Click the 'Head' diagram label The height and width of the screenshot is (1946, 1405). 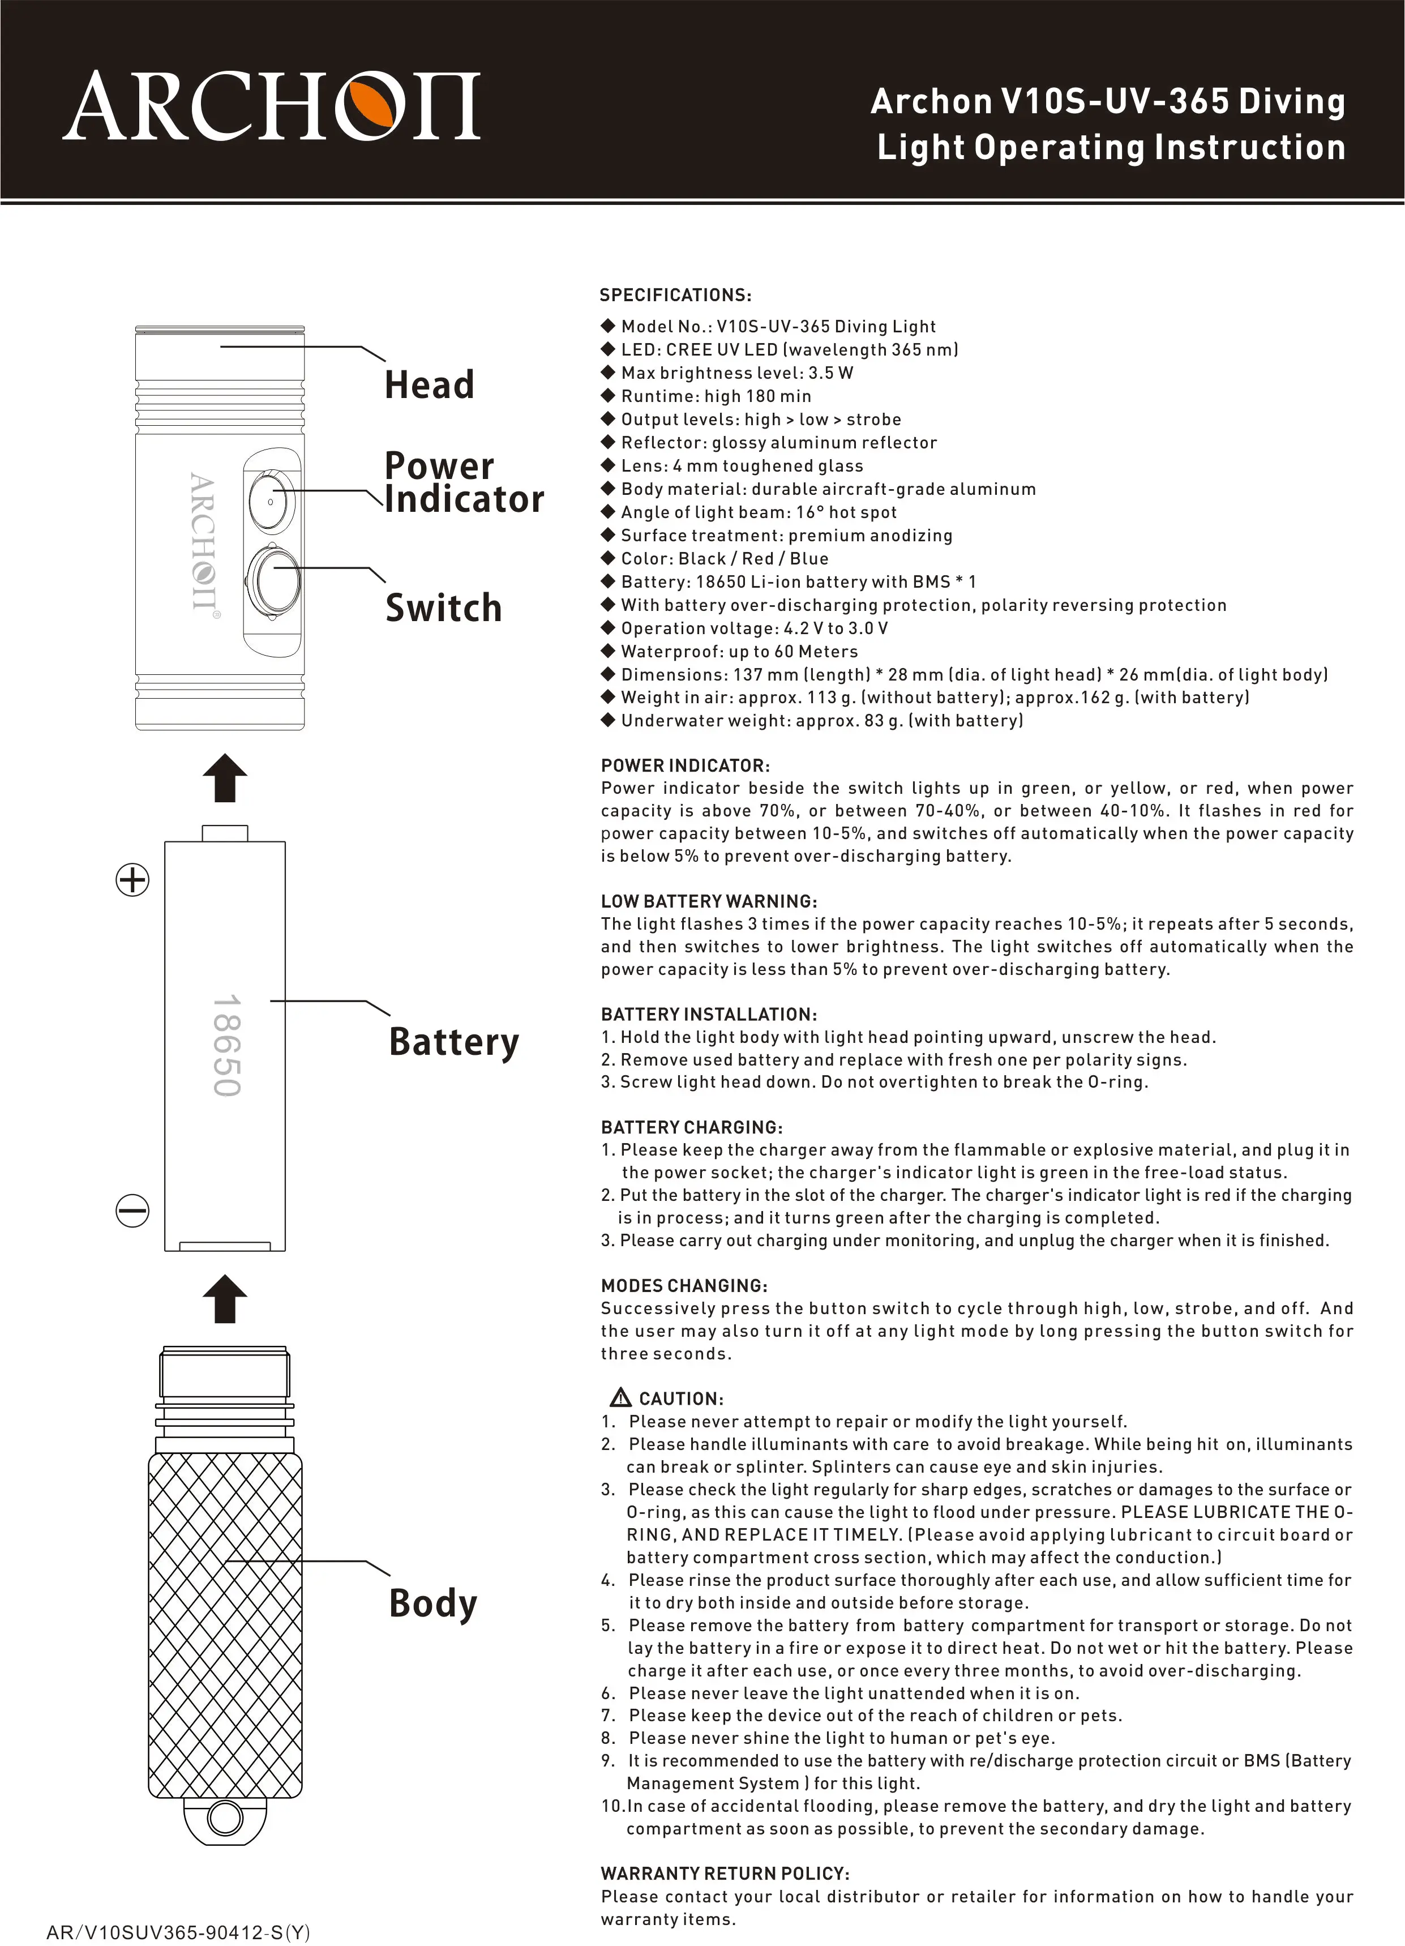click(x=429, y=384)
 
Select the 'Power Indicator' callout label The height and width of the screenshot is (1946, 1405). click(x=463, y=482)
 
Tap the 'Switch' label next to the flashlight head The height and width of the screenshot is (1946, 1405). click(x=443, y=608)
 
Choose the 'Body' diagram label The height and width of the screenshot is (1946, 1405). click(x=432, y=1603)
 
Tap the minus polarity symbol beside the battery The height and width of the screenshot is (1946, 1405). click(x=132, y=1211)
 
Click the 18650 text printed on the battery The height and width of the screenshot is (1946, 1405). click(x=226, y=1045)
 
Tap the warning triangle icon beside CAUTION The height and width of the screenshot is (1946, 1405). click(x=619, y=1398)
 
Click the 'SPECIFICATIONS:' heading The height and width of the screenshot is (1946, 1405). click(x=675, y=295)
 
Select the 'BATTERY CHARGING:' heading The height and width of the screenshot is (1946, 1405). click(x=691, y=1127)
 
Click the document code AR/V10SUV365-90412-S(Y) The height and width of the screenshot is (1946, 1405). click(x=178, y=1932)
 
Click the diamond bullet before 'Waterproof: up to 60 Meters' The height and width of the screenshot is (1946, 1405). click(x=608, y=651)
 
